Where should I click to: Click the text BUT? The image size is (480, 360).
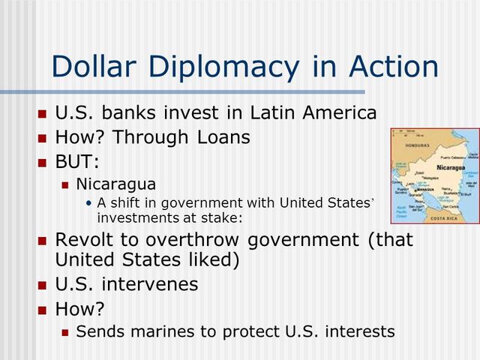(x=77, y=162)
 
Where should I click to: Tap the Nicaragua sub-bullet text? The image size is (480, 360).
(x=116, y=184)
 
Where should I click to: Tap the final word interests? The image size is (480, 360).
(x=360, y=331)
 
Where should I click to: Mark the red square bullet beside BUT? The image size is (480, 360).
(x=42, y=163)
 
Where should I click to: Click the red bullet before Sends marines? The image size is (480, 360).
(x=65, y=331)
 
